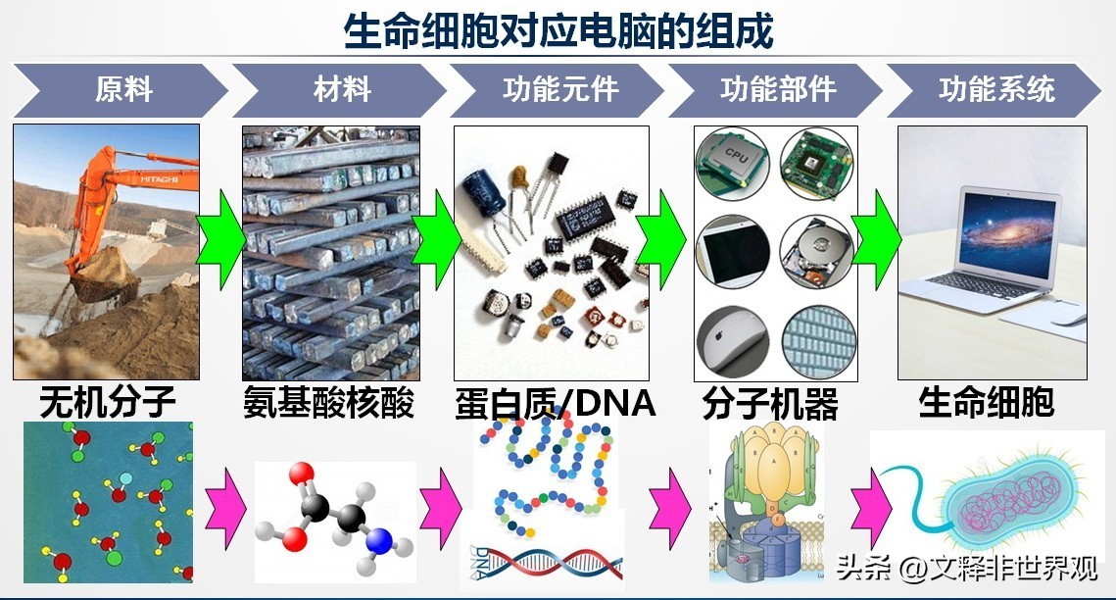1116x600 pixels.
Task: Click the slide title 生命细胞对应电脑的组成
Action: click(x=558, y=30)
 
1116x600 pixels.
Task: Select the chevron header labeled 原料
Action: click(x=123, y=90)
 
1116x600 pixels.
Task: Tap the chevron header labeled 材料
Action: click(x=342, y=90)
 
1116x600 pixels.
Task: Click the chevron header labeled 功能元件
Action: click(x=560, y=90)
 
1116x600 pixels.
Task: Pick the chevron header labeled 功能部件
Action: click(x=778, y=90)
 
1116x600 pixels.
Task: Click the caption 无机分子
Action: click(x=108, y=403)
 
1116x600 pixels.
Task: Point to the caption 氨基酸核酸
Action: click(x=329, y=403)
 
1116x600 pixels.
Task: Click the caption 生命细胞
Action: click(x=986, y=403)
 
